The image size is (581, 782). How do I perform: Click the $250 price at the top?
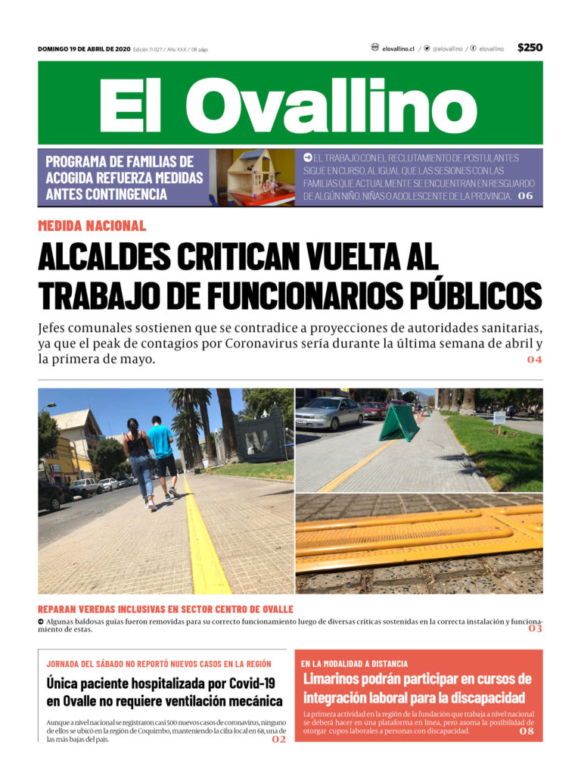(x=530, y=48)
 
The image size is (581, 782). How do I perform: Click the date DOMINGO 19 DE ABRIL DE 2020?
(x=84, y=49)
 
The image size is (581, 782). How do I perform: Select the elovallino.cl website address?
(x=398, y=48)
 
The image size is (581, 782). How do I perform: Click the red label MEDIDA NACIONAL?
(x=92, y=226)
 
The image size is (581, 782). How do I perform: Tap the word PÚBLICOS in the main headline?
(x=480, y=294)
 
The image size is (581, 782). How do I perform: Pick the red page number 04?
(x=534, y=360)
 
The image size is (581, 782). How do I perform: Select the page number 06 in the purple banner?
(x=525, y=196)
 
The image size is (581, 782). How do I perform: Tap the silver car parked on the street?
(x=329, y=413)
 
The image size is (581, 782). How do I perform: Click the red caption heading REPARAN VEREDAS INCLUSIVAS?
(x=165, y=609)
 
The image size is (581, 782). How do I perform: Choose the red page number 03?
(x=535, y=628)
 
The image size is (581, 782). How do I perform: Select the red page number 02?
(x=278, y=740)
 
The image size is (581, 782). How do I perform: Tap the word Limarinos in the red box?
(x=337, y=678)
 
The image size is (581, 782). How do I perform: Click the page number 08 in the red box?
(x=526, y=731)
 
